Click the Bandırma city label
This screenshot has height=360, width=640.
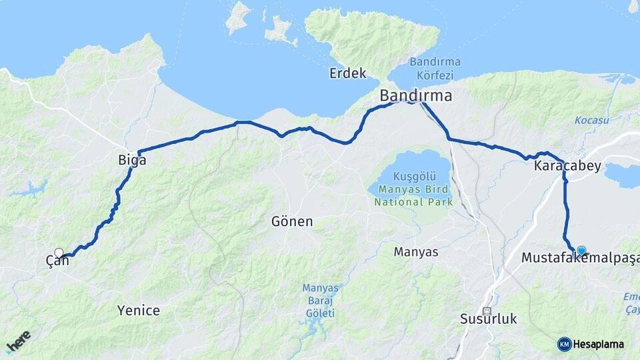point(415,95)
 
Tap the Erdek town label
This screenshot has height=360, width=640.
point(348,73)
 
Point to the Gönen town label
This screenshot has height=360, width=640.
point(292,221)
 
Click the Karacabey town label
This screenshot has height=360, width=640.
point(567,166)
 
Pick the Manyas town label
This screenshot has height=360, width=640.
point(416,252)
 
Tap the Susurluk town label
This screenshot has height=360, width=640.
point(489,319)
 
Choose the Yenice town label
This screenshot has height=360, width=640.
point(139,310)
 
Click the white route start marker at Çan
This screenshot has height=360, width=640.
point(59,253)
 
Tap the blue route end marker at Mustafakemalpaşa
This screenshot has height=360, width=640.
point(581,250)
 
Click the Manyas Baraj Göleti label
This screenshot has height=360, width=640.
point(321,301)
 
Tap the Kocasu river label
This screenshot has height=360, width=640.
point(592,120)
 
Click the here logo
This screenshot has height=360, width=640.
point(18,341)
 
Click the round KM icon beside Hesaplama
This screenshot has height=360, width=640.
point(564,344)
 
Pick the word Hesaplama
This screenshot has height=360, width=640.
point(599,344)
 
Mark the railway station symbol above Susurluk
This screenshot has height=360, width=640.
point(487,311)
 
